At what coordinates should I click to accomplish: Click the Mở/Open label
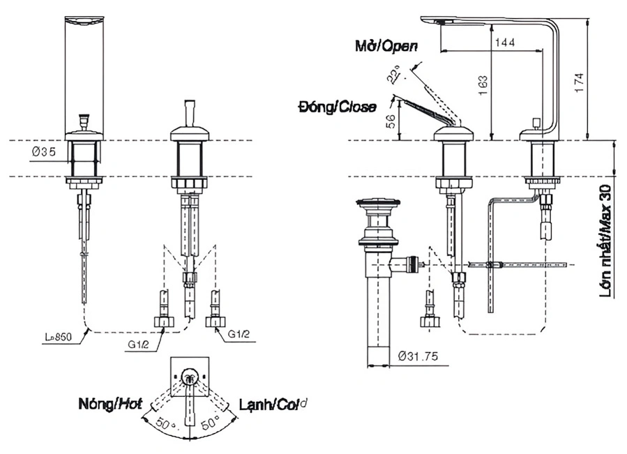click(384, 47)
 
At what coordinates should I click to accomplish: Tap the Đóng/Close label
click(336, 107)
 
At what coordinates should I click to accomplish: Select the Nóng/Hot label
click(110, 403)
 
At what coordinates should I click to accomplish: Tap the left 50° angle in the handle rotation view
click(165, 424)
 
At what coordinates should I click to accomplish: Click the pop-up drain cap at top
click(377, 205)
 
